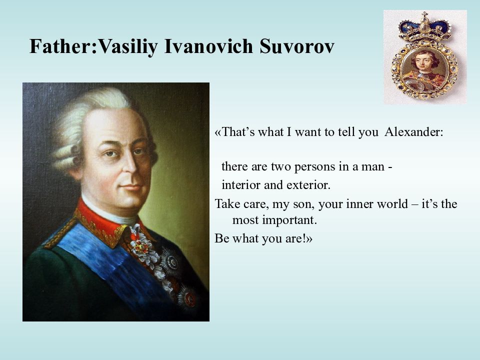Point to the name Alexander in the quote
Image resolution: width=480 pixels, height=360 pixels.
tap(413, 132)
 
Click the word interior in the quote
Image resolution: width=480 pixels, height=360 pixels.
tap(239, 185)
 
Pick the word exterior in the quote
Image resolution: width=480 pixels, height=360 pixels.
tap(308, 185)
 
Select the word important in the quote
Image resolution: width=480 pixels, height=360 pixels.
tap(289, 220)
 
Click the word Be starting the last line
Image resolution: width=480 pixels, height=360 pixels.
tap(222, 238)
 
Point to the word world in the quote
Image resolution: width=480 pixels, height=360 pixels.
tap(392, 203)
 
